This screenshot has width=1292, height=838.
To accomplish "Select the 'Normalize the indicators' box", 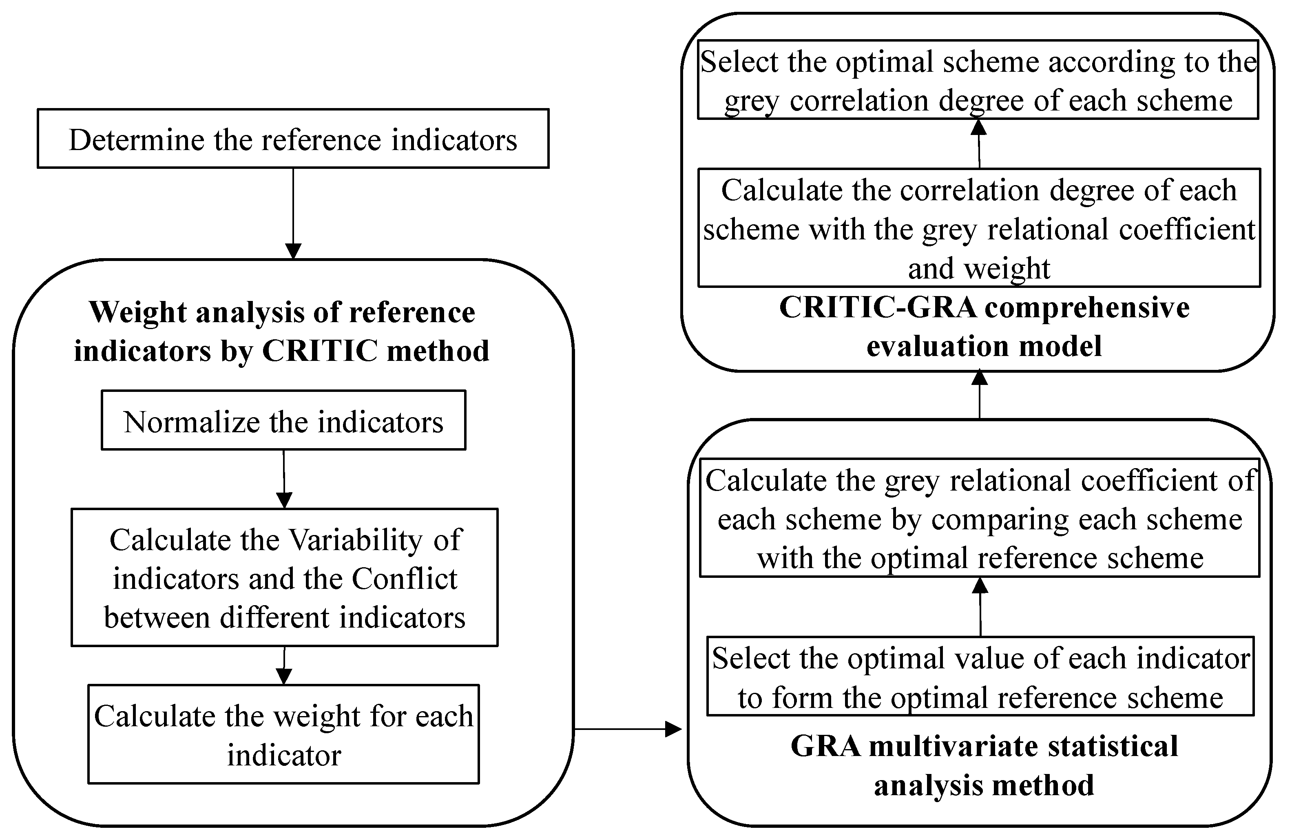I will point(283,420).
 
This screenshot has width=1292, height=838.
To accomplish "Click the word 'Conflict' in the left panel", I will point(405,579).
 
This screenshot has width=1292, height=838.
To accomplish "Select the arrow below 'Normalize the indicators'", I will point(284,478).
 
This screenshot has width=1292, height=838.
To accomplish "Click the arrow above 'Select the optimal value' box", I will point(980,606).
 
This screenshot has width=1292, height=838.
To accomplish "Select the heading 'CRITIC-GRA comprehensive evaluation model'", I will point(984,327).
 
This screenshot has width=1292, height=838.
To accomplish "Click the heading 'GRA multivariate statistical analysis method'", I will point(984,765).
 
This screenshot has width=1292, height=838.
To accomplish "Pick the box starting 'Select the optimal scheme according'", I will point(978,80).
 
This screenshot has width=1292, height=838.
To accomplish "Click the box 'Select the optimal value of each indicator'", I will point(980,676).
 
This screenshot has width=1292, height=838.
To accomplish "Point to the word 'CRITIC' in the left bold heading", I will point(320,351).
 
